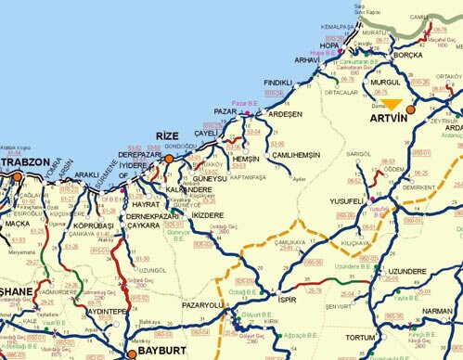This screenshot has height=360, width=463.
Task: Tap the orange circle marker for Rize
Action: tap(170, 159)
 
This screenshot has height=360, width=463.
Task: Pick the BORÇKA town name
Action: tap(409, 55)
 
